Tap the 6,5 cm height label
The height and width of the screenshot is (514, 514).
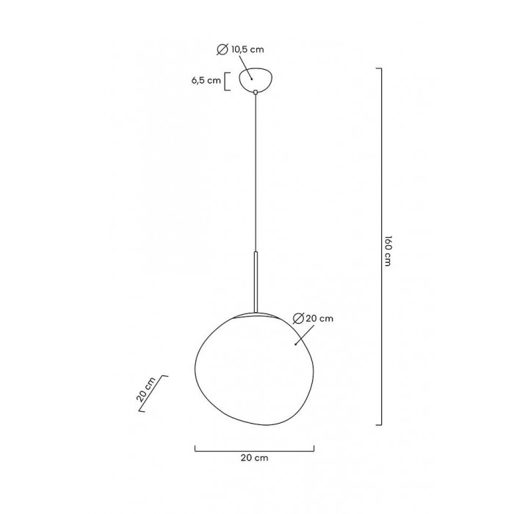pyautogui.click(x=206, y=81)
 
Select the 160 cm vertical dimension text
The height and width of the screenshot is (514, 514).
pyautogui.click(x=388, y=251)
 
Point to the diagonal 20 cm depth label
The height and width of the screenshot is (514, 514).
pyautogui.click(x=146, y=390)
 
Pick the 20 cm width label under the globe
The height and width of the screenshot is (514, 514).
pyautogui.click(x=254, y=457)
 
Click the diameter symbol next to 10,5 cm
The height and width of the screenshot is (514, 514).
pyautogui.click(x=222, y=49)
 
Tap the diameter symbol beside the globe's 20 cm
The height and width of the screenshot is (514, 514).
pyautogui.click(x=298, y=318)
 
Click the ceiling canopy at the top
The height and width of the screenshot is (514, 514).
pyautogui.click(x=256, y=79)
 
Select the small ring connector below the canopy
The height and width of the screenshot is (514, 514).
pyautogui.click(x=256, y=92)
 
